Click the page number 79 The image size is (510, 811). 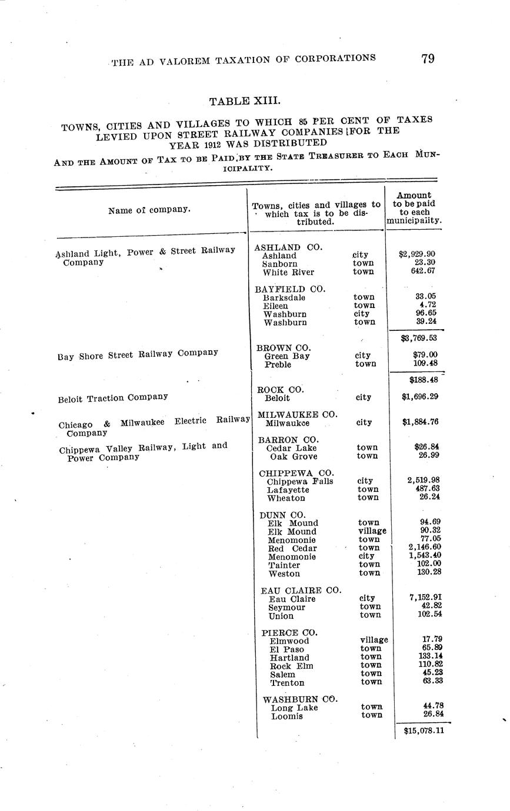(x=428, y=59)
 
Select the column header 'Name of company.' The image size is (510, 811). (x=149, y=210)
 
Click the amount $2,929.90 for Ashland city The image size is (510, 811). (x=416, y=254)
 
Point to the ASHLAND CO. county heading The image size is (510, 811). (x=288, y=247)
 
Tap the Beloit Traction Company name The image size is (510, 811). (x=113, y=398)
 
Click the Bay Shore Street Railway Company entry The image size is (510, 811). (x=138, y=354)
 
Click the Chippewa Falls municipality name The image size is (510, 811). (x=299, y=481)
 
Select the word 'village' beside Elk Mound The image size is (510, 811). (x=372, y=531)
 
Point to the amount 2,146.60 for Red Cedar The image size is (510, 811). (x=425, y=547)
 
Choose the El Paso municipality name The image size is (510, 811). (x=286, y=649)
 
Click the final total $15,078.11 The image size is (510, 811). (x=424, y=730)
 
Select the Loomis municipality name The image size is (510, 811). (x=286, y=716)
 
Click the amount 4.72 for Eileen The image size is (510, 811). (x=431, y=305)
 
